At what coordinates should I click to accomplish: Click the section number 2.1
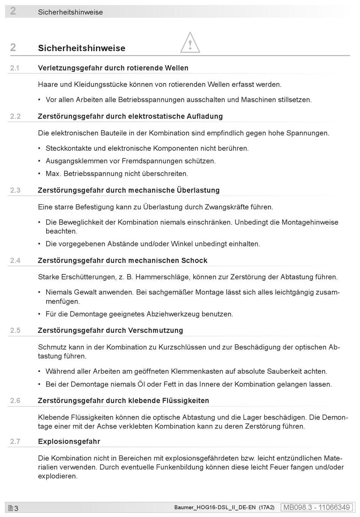(15, 68)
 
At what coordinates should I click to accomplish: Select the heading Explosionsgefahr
(69, 442)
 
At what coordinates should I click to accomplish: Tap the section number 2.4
(15, 261)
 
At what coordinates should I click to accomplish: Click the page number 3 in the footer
(16, 508)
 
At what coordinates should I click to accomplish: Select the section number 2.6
(15, 401)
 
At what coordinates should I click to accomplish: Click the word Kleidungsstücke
(100, 85)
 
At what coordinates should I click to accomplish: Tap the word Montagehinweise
(310, 222)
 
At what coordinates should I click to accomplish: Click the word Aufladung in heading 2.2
(205, 116)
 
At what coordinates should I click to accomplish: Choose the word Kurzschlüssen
(183, 347)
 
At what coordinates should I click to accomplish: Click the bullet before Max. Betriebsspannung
(39, 174)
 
